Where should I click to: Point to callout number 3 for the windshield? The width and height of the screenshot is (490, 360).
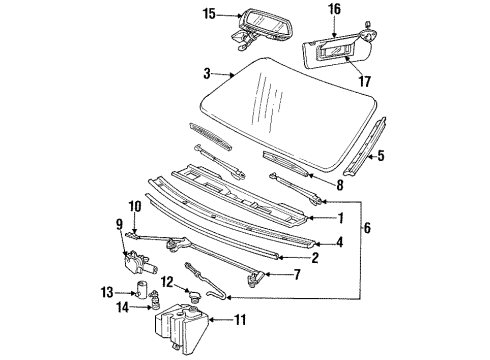pos(207,74)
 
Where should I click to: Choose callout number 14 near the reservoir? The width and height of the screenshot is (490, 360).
pos(121,309)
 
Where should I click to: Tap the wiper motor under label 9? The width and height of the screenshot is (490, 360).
pos(140,263)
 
